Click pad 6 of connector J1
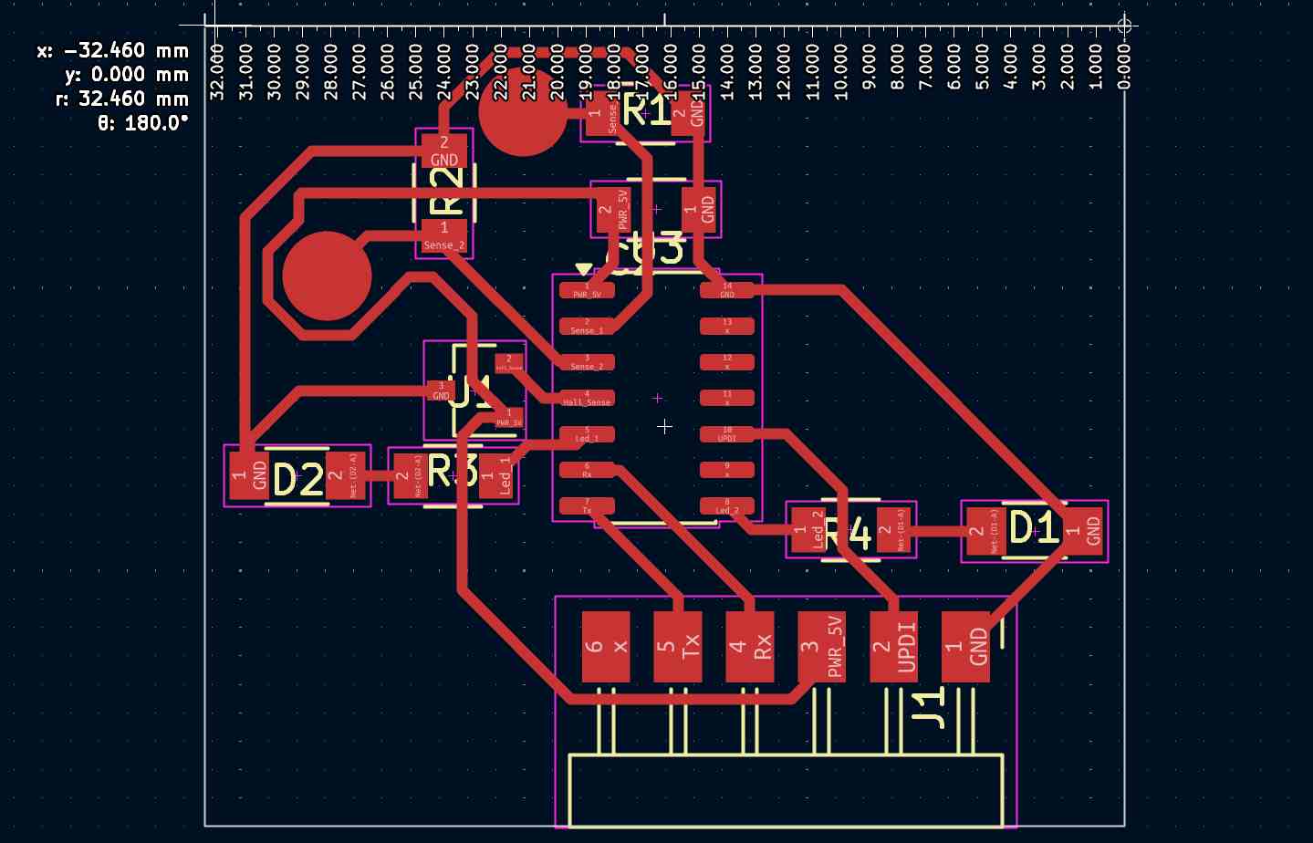pos(606,647)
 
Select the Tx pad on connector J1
pos(678,647)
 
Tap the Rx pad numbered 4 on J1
pos(750,647)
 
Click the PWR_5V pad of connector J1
pos(821,647)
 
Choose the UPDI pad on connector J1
pos(893,647)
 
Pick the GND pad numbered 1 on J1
pos(965,647)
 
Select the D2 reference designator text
pos(298,479)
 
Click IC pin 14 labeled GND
pos(727,290)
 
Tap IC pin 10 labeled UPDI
pos(727,434)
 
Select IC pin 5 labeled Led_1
pos(587,434)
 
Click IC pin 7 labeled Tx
pos(587,505)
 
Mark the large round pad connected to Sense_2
pos(327,276)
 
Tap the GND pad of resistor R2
pos(444,150)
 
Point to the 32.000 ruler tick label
pos(218,70)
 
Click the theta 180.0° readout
pos(142,122)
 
